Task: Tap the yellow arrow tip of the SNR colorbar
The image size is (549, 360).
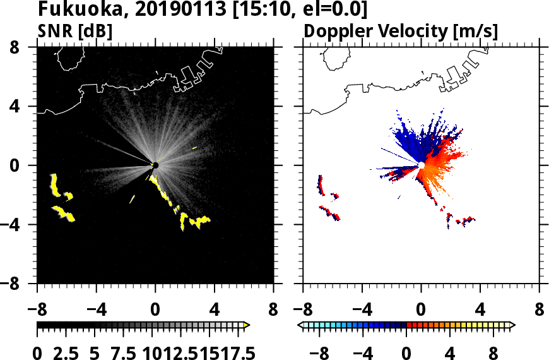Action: pos(247,325)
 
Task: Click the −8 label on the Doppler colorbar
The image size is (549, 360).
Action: pos(316,352)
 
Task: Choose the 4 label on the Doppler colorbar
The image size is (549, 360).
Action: pos(451,352)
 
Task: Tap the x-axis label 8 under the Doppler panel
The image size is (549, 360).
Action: pos(539,311)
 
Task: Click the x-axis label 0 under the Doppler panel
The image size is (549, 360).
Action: pos(421,311)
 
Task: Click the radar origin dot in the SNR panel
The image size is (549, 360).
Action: pos(155,165)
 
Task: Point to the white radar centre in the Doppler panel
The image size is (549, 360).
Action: pos(420,165)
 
